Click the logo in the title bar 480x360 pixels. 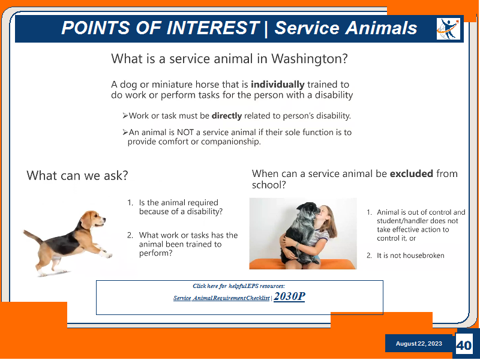coord(448,29)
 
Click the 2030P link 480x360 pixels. coord(289,296)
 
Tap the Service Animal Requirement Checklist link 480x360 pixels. coord(221,298)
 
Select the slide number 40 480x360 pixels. coord(464,346)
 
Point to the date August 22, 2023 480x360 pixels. coord(419,343)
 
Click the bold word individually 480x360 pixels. coord(277,85)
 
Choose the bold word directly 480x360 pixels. coord(227,116)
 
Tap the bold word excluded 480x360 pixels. coord(411,173)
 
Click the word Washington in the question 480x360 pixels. coord(310,58)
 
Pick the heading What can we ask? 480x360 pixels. coord(77,175)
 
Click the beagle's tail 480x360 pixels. coord(32,236)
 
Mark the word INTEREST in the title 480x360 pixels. coord(213,28)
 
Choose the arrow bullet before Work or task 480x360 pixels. coord(125,116)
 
